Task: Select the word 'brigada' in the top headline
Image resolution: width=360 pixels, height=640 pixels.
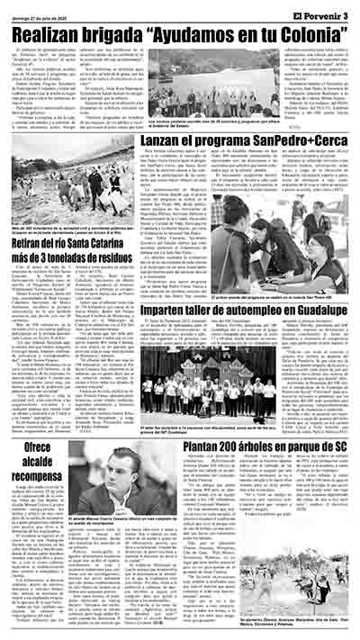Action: coord(132,31)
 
